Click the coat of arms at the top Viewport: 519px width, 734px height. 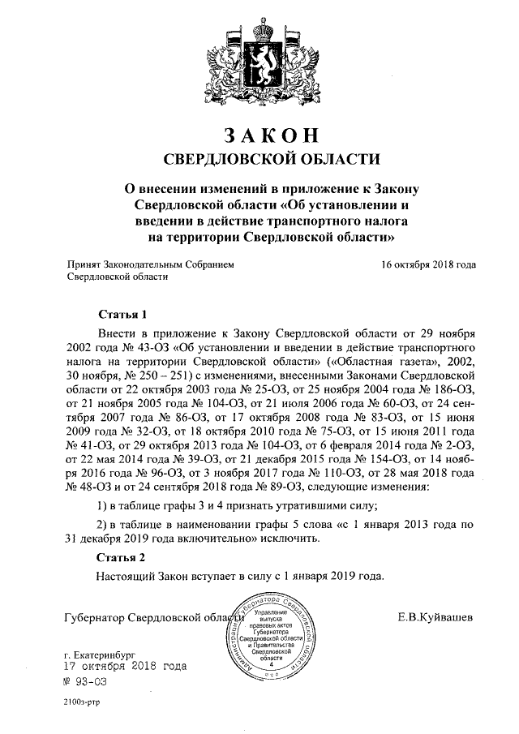pyautogui.click(x=259, y=58)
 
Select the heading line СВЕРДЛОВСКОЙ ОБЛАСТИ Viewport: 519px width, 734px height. pyautogui.click(x=259, y=157)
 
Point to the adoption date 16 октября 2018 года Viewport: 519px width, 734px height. pyautogui.click(x=427, y=264)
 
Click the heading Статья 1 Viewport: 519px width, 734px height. pyautogui.click(x=122, y=314)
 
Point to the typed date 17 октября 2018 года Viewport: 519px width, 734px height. pyautogui.click(x=126, y=666)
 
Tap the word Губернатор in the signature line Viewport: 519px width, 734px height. pyautogui.click(x=96, y=619)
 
